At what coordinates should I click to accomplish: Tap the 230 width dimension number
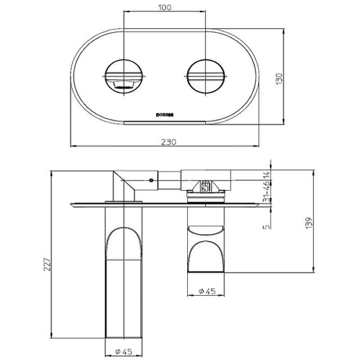pos(169,142)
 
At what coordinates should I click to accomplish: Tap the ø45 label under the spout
pos(124,351)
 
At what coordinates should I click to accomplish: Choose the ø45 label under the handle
pos(208,292)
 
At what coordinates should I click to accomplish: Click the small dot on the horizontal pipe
pos(151,179)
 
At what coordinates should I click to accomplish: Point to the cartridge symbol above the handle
pos(205,186)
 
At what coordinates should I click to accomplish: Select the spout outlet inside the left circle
pos(122,85)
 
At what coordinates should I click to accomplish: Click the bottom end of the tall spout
pos(124,336)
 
